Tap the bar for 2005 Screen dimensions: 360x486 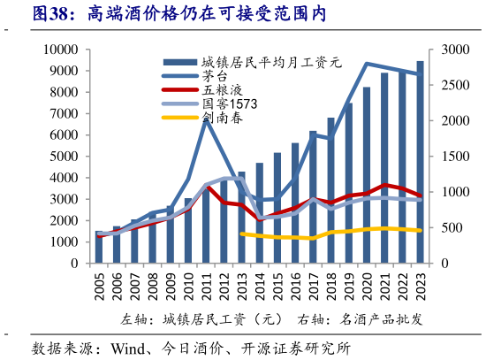coord(99,248)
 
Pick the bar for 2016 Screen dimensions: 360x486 coord(295,203)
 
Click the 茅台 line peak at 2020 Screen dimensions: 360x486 coord(367,64)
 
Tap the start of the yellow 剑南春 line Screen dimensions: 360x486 coord(242,234)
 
